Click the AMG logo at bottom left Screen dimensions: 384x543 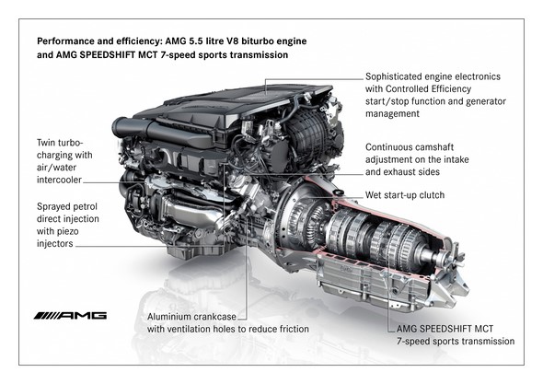click(x=70, y=316)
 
